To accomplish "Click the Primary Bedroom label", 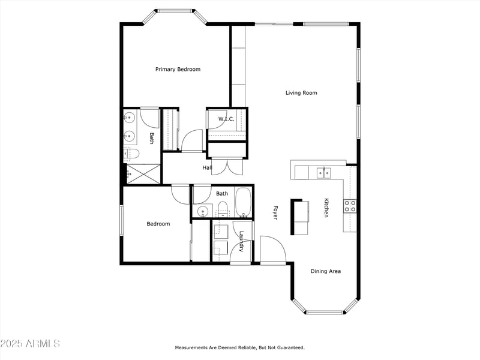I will click(178, 70).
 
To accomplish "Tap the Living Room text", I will click(301, 93).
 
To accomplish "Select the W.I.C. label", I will click(226, 119).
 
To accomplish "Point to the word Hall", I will click(207, 168).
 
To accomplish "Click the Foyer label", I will click(275, 213).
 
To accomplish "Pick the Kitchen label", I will click(326, 208).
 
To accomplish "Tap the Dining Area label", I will click(326, 271).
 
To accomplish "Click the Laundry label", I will click(241, 242).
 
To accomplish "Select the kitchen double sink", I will click(323, 173).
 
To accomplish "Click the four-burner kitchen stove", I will click(350, 206).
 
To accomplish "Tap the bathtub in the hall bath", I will click(244, 202).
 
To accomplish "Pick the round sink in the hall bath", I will click(202, 211).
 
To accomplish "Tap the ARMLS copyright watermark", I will click(30, 344).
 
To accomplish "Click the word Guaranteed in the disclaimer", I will click(290, 347).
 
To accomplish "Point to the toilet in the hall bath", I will click(223, 209).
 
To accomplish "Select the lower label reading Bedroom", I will click(158, 224).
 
